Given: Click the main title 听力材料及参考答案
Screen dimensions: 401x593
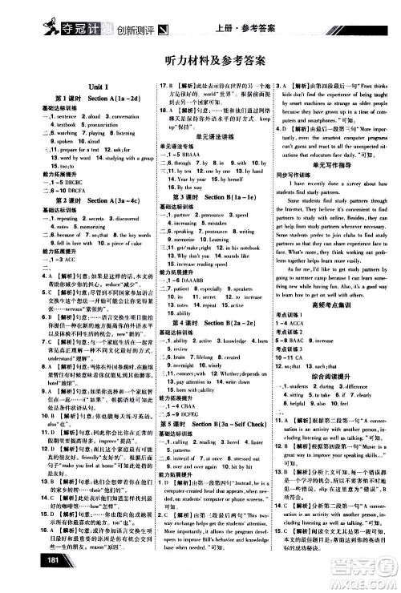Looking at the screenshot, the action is coord(200,64).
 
